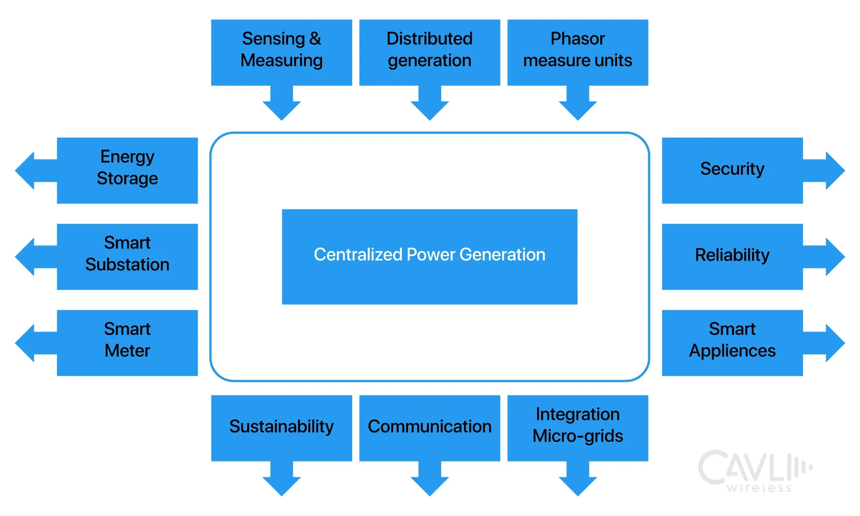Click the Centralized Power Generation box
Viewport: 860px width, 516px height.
pyautogui.click(x=430, y=257)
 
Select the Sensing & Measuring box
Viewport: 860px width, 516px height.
pyautogui.click(x=282, y=52)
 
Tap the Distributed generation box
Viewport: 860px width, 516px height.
pyautogui.click(x=430, y=52)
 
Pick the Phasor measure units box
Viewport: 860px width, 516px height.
pyautogui.click(x=577, y=52)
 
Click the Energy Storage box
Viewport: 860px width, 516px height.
pyautogui.click(x=127, y=170)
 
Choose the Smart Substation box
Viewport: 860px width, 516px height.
pyautogui.click(x=127, y=257)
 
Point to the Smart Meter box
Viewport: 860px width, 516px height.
pyautogui.click(x=127, y=343)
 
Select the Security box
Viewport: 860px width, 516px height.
pyautogui.click(x=732, y=170)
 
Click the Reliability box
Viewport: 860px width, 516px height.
pyautogui.click(x=732, y=257)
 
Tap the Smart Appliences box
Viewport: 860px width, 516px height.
pyautogui.click(x=732, y=343)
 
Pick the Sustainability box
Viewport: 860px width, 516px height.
pyautogui.click(x=282, y=428)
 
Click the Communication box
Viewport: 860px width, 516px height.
pyautogui.click(x=430, y=428)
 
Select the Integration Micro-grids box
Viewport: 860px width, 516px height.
pyautogui.click(x=577, y=428)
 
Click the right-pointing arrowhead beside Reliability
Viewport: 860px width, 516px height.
pyautogui.click(x=834, y=257)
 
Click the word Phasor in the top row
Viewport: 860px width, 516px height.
pyautogui.click(x=577, y=39)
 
